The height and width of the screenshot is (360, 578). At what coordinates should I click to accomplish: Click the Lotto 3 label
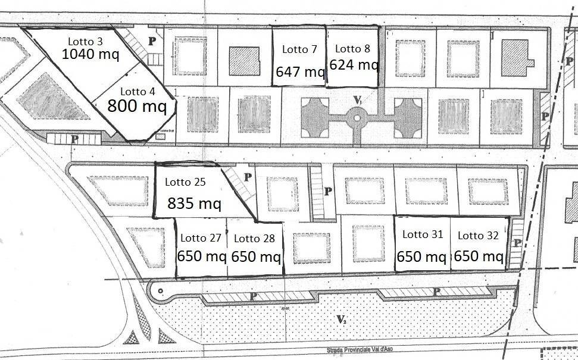click(85, 42)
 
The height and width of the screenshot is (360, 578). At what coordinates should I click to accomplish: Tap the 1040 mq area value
click(90, 55)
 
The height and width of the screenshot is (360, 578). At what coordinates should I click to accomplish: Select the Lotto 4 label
click(138, 92)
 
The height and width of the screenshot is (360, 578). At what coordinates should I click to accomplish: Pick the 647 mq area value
click(299, 72)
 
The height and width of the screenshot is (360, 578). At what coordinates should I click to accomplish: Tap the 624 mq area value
click(354, 64)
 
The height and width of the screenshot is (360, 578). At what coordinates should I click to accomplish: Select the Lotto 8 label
click(353, 49)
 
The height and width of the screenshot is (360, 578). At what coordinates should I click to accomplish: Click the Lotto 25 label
click(185, 182)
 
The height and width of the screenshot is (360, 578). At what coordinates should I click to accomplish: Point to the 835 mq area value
click(194, 204)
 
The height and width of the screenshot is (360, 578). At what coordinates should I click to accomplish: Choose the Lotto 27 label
click(201, 238)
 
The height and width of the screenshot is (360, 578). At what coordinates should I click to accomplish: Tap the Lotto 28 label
click(254, 239)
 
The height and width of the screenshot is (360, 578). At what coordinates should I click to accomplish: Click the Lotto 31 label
click(423, 234)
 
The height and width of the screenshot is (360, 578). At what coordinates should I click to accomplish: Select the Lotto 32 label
click(478, 236)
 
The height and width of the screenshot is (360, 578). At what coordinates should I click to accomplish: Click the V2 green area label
click(341, 320)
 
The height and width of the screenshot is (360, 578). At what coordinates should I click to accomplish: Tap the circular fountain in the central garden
click(357, 118)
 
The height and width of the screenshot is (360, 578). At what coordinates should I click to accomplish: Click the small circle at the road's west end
click(158, 289)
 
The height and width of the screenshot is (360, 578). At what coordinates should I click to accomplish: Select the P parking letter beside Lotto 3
click(152, 41)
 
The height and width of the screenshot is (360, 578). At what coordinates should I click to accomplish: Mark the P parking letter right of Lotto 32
click(517, 243)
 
